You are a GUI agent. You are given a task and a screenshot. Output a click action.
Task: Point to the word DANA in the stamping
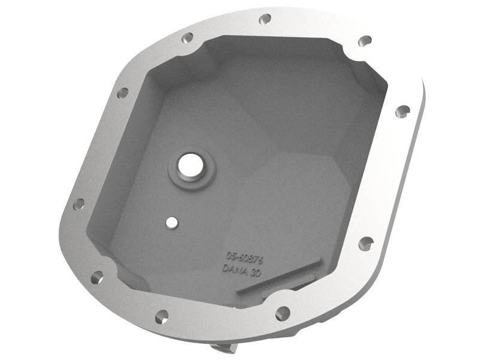click(x=234, y=270)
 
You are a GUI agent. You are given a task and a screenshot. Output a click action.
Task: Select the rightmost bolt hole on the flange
click(x=404, y=110)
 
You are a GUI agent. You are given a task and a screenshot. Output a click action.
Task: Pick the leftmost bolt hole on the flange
click(x=79, y=204)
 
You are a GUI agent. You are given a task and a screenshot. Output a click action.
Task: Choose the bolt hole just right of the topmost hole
click(x=365, y=41)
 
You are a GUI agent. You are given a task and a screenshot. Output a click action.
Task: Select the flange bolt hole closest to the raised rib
click(x=283, y=313)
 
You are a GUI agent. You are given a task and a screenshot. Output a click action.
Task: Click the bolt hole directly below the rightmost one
click(x=366, y=243)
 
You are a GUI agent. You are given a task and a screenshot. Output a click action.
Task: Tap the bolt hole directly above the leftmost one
click(x=122, y=93)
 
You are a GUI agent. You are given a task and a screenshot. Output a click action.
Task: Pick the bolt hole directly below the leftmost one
click(x=96, y=277)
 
